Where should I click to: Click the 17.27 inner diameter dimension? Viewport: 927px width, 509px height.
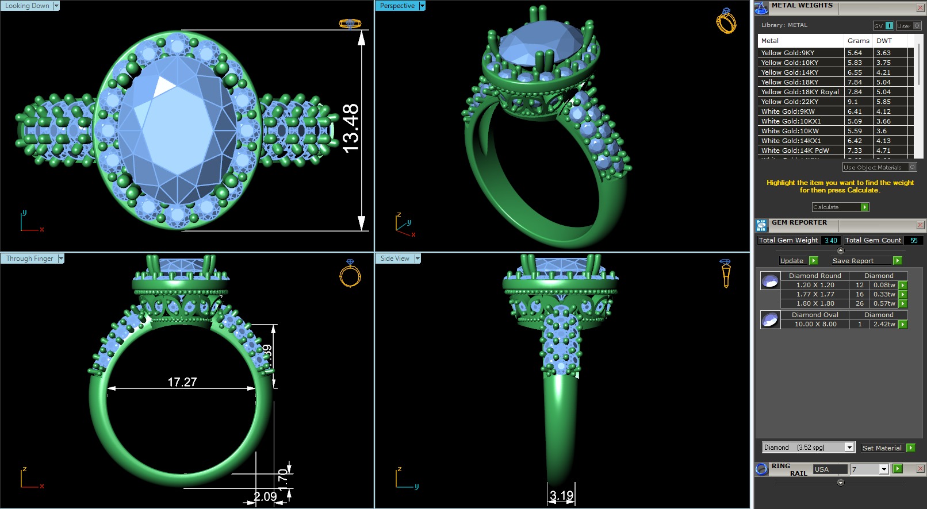point(182,382)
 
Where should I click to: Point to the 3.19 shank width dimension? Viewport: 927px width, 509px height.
point(561,495)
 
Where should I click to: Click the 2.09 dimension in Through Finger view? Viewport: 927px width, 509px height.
point(265,496)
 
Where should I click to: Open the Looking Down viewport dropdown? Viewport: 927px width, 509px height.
point(56,6)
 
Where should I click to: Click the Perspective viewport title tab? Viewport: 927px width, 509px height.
point(397,6)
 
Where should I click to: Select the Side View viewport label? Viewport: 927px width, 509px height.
point(394,259)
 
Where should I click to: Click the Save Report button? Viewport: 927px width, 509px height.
point(853,261)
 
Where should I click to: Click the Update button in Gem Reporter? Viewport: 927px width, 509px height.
point(792,261)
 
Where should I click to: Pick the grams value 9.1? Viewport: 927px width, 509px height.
point(852,102)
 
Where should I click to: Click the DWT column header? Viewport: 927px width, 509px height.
point(884,41)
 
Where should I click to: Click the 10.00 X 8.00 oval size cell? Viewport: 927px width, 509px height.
point(815,324)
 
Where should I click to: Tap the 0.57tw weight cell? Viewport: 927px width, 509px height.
point(884,303)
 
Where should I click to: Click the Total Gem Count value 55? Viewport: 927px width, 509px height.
point(913,241)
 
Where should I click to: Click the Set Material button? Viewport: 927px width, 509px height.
point(882,448)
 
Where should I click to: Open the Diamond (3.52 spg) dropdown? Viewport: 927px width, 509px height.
point(849,448)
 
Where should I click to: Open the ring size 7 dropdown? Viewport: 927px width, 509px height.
point(884,469)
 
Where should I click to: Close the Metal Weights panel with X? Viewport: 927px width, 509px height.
point(920,7)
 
